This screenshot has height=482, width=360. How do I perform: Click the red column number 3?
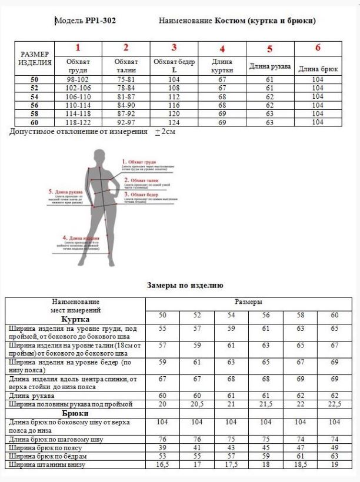(174, 48)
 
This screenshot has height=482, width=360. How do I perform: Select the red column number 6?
(318, 48)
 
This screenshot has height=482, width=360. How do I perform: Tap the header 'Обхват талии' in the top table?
(126, 65)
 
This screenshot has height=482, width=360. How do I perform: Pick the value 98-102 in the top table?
(78, 79)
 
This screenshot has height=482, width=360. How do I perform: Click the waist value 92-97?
(126, 122)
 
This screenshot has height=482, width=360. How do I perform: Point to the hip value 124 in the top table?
(174, 122)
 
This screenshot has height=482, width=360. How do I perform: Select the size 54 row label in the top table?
(35, 96)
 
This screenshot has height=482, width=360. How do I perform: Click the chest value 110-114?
(78, 105)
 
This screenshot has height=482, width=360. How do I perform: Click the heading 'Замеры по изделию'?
(185, 286)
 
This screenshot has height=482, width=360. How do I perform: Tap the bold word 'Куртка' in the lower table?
(75, 318)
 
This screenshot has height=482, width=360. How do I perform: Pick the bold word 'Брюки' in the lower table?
(75, 413)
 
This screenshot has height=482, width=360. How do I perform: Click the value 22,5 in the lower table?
(335, 405)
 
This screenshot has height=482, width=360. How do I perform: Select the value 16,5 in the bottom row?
(163, 465)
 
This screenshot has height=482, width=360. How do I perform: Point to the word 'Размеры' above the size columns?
(249, 302)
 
